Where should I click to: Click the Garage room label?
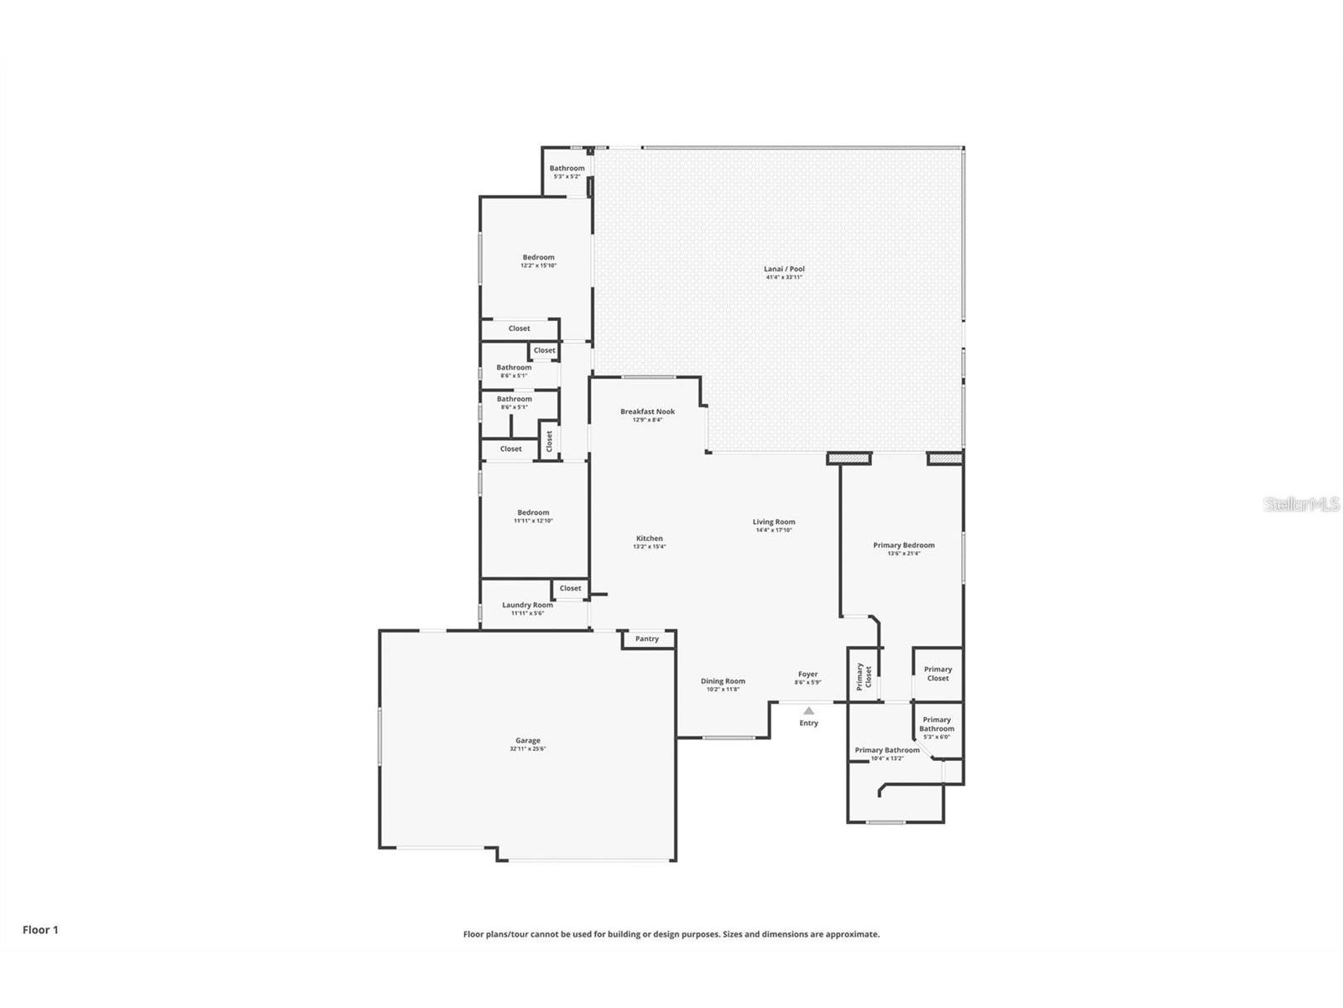528,741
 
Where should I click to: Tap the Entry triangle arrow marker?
808,711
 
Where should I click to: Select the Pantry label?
647,639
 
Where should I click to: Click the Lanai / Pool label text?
784,269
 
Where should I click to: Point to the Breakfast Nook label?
647,412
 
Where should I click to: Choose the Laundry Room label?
527,605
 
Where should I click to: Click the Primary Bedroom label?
903,545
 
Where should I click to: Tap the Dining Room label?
723,681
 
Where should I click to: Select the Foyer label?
807,674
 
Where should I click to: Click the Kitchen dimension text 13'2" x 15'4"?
649,547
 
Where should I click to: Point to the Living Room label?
773,522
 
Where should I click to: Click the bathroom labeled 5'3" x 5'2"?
567,172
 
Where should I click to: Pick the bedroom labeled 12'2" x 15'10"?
538,260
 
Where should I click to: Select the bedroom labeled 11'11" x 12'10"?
533,516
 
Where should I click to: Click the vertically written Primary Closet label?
864,675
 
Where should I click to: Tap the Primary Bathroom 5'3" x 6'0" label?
937,727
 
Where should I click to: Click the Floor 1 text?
40,930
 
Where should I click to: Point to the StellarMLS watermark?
1302,504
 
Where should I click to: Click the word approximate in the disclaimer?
851,934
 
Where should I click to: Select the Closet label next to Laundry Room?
570,588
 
